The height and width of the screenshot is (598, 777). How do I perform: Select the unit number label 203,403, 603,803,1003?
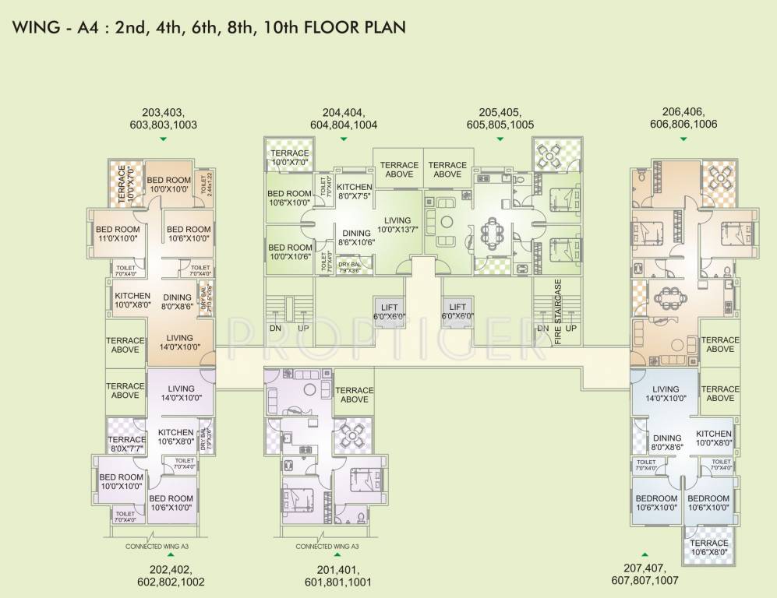(x=164, y=118)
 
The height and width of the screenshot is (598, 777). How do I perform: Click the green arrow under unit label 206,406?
(x=683, y=139)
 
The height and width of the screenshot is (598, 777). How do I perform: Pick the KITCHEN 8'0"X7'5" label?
(x=355, y=192)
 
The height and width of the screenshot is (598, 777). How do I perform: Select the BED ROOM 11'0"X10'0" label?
(x=118, y=234)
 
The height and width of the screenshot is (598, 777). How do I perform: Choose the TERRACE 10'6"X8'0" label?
(x=709, y=547)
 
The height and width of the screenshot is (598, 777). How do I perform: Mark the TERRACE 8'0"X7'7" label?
(x=125, y=444)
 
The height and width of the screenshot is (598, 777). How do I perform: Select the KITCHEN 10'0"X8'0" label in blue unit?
(x=714, y=438)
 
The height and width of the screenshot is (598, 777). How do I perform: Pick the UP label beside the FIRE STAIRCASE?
(x=571, y=329)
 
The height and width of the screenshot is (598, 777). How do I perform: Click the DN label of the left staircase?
(x=275, y=329)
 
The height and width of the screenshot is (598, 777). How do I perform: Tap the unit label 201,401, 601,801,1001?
(x=338, y=576)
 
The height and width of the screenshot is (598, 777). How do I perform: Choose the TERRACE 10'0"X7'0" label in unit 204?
(x=290, y=158)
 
